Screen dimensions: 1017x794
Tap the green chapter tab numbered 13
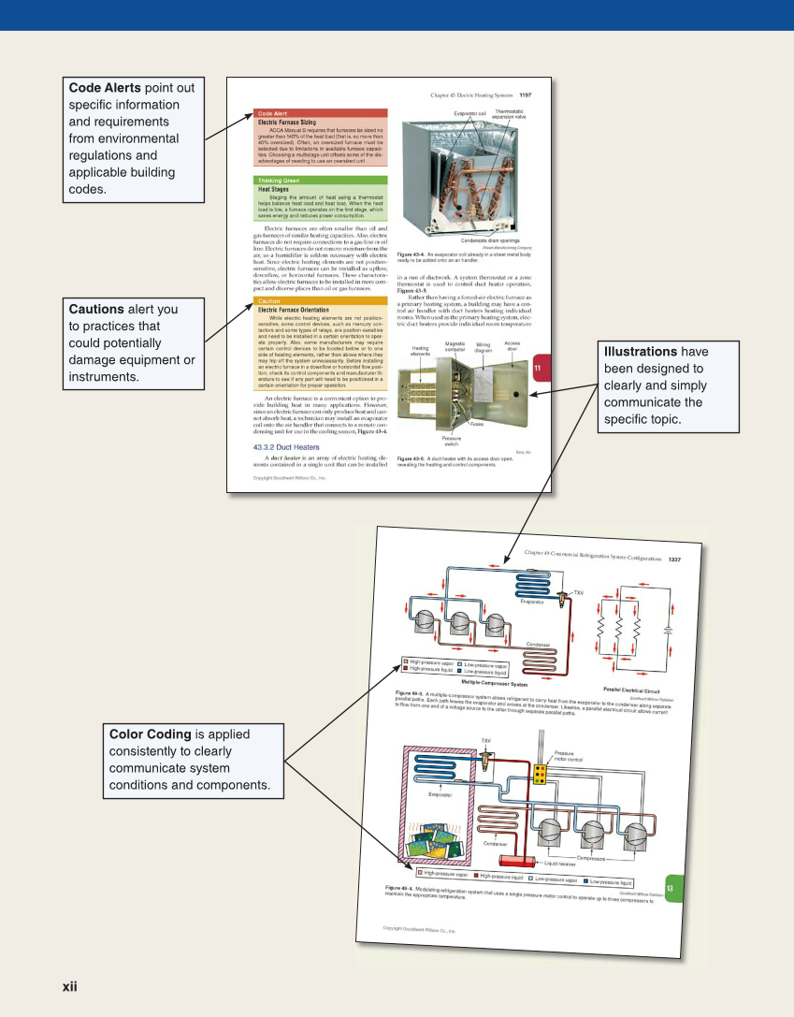pos(670,888)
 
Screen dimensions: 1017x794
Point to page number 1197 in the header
pos(525,94)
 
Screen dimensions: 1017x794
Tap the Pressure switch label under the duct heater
pos(452,441)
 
